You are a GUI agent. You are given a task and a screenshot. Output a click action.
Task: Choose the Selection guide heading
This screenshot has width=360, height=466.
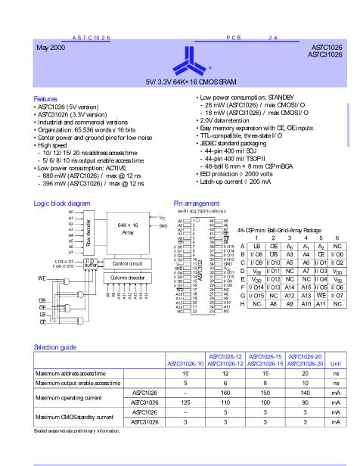point(57,346)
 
